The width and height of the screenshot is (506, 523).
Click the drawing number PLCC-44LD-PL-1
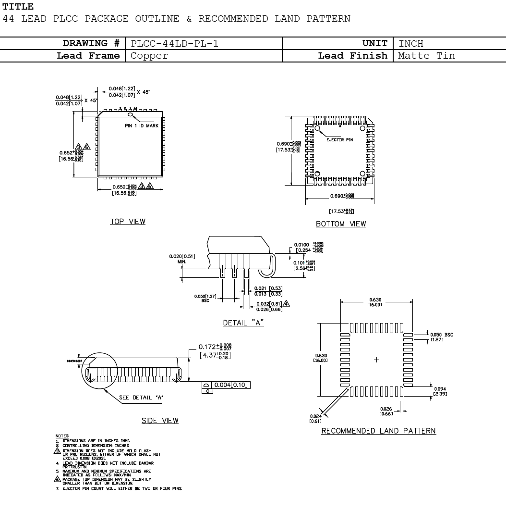pyautogui.click(x=174, y=44)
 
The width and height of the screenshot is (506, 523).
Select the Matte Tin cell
pyautogui.click(x=426, y=56)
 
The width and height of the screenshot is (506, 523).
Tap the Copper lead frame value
pyautogui.click(x=149, y=56)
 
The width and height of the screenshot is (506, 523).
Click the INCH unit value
pyautogui.click(x=411, y=44)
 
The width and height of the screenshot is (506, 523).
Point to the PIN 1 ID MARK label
pyautogui.click(x=141, y=125)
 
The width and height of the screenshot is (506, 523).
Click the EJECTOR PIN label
pyautogui.click(x=340, y=139)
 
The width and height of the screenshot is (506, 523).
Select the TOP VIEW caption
pyautogui.click(x=128, y=222)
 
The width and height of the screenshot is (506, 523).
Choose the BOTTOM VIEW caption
pyautogui.click(x=341, y=224)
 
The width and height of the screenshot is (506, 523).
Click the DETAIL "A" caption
pyautogui.click(x=243, y=323)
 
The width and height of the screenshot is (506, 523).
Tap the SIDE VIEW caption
pyautogui.click(x=160, y=421)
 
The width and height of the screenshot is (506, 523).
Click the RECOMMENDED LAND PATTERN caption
pyautogui.click(x=378, y=431)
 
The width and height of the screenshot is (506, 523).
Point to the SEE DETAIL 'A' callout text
pyautogui.click(x=142, y=398)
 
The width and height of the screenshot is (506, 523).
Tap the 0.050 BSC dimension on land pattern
pyautogui.click(x=441, y=335)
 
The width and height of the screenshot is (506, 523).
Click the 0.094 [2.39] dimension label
pyautogui.click(x=440, y=391)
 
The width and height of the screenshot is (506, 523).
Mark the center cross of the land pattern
pyautogui.click(x=377, y=360)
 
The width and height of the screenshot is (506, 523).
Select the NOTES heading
pyautogui.click(x=62, y=436)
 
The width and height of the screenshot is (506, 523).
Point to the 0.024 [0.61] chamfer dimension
pyautogui.click(x=315, y=419)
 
